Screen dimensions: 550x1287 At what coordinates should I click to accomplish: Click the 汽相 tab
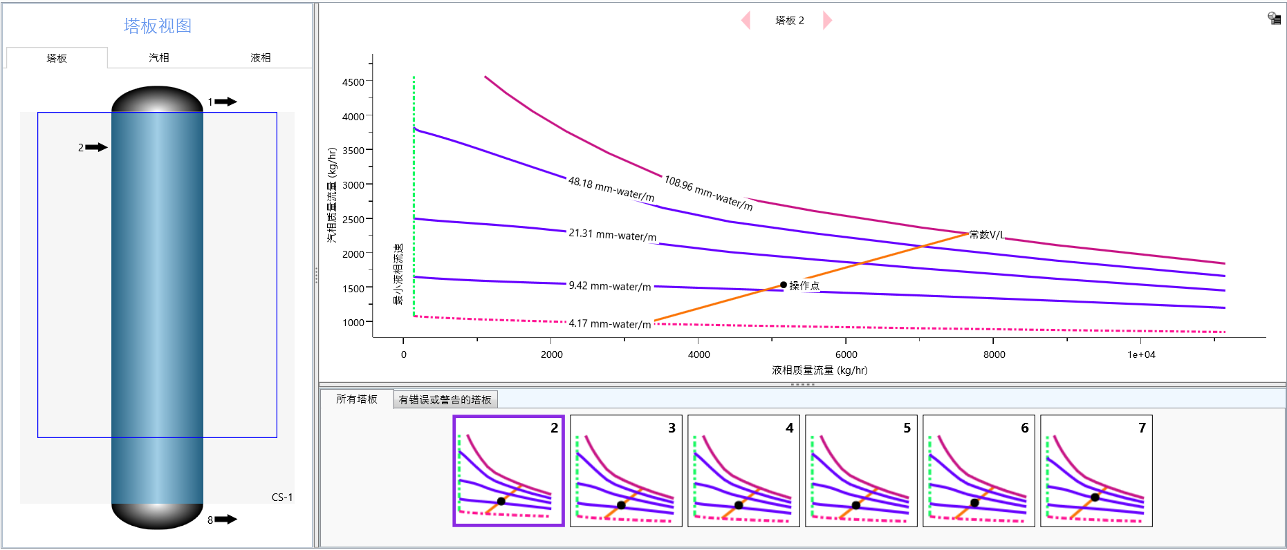158,58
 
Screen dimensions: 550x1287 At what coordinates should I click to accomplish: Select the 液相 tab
260,58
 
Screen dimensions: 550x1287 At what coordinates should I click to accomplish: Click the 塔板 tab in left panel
57,58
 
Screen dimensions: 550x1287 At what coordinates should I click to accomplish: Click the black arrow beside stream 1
225,102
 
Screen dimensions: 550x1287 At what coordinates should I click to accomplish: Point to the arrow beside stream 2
97,147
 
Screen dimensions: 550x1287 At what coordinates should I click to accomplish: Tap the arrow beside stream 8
225,520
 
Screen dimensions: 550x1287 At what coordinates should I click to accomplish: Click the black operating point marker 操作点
783,285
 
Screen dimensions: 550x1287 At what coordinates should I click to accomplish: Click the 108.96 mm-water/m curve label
708,193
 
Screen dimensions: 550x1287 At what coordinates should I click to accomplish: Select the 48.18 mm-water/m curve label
611,189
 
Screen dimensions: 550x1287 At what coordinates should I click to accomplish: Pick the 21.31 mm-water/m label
612,235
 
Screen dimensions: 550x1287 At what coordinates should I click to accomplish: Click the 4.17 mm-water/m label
609,323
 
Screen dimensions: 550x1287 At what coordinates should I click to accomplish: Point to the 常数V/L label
986,235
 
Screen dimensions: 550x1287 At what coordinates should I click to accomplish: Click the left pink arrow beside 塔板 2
746,21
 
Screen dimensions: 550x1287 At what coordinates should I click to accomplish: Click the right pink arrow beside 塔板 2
827,21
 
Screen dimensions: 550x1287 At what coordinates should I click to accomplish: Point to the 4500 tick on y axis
353,82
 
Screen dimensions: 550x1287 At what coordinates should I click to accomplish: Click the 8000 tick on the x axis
994,354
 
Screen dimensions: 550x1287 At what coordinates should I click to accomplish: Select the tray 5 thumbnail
861,471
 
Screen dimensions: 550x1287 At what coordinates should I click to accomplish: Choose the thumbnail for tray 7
1096,471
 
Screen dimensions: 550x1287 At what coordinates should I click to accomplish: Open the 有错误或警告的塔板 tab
445,399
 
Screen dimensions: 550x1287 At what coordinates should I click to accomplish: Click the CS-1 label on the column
282,497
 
